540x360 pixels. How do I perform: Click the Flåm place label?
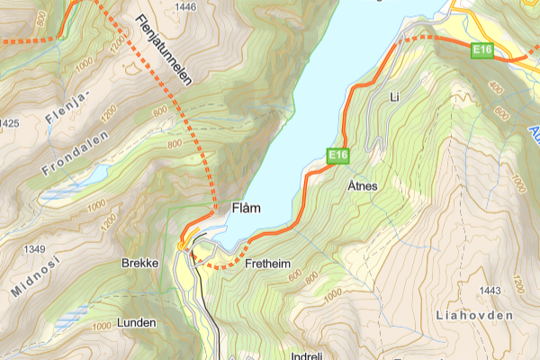(x=246, y=208)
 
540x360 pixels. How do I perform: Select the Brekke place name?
(x=139, y=264)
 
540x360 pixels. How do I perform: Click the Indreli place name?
(x=306, y=355)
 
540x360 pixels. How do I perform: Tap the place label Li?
(x=393, y=95)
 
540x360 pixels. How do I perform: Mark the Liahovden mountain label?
(x=472, y=316)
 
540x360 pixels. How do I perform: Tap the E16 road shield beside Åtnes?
(x=337, y=157)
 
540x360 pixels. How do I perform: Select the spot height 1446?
(x=186, y=7)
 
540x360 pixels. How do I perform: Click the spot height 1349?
(x=36, y=248)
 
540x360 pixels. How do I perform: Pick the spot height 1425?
(x=10, y=123)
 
